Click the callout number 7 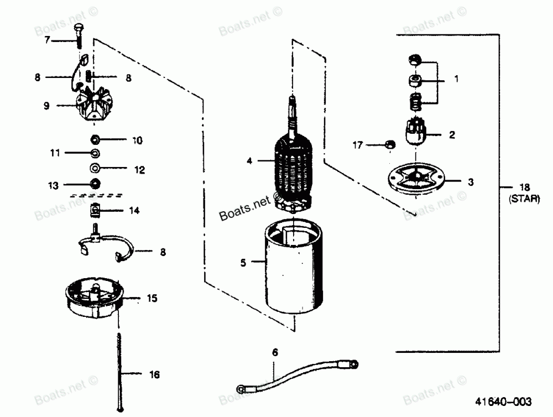(48, 39)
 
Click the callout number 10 (137, 140)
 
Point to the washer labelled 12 (95, 168)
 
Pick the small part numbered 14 (96, 210)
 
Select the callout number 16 (154, 374)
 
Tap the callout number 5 (243, 263)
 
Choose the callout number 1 (456, 79)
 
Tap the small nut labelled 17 (389, 144)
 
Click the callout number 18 (524, 188)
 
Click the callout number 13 (53, 185)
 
